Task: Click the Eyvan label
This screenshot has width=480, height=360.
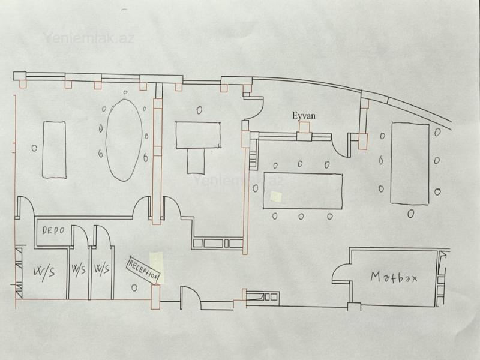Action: point(304,116)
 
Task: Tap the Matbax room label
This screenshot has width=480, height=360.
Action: point(394,277)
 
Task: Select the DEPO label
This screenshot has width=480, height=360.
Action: point(53,230)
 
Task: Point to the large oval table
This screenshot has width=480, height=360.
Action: point(124,140)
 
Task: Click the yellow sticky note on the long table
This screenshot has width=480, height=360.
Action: point(277,197)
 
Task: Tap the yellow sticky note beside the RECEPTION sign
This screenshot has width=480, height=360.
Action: point(157,266)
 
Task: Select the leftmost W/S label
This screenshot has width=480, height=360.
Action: point(44,271)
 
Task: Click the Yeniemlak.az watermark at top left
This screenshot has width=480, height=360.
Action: point(89,38)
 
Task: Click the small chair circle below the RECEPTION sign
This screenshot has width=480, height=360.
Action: point(134,287)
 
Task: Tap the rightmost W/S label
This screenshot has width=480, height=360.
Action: point(101,269)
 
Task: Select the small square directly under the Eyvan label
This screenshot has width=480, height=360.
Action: point(304,127)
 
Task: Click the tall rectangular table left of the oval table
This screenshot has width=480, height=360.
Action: point(54,149)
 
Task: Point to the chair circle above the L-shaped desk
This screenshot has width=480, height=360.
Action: point(199,110)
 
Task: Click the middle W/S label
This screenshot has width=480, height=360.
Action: point(79,269)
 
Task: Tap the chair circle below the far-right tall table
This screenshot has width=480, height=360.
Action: point(410,214)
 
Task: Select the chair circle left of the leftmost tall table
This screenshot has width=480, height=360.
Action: point(34,148)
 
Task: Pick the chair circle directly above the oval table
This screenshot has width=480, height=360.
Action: point(125,92)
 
